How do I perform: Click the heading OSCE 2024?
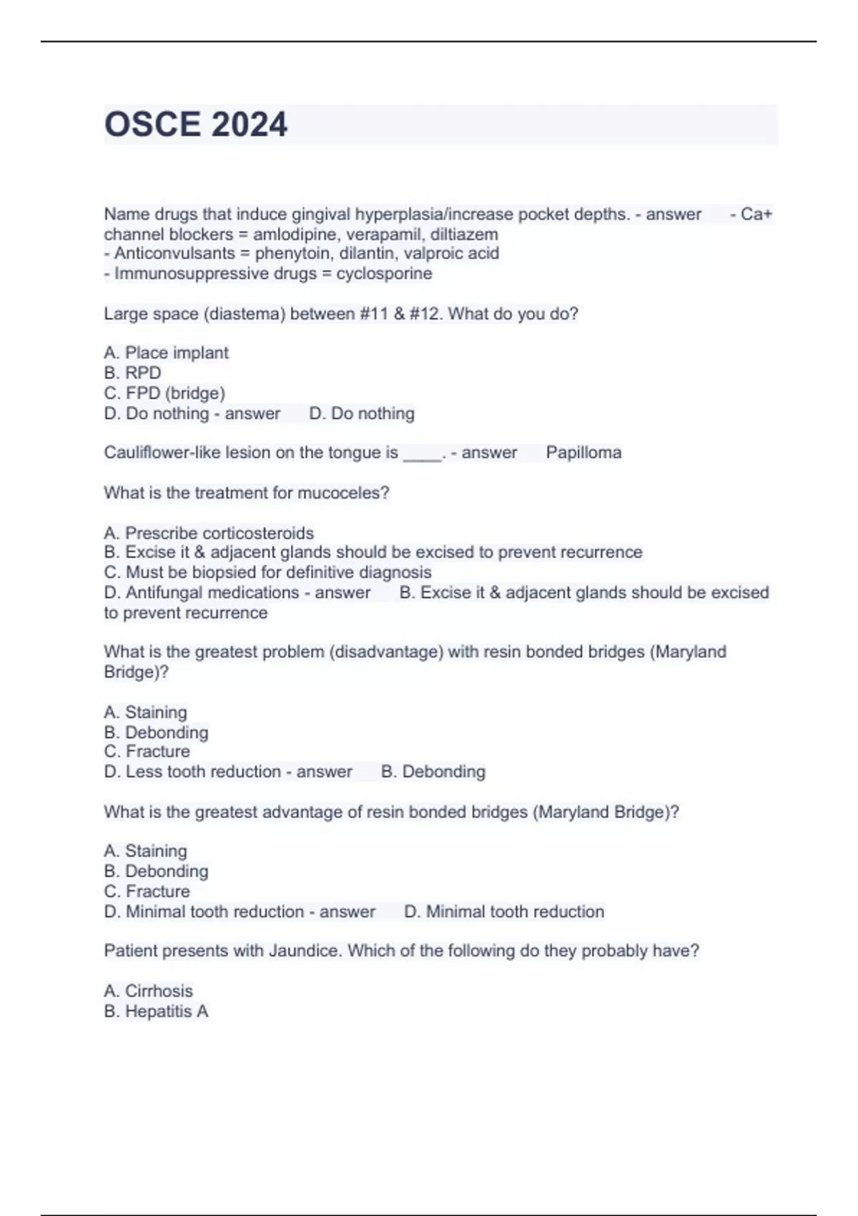click(196, 124)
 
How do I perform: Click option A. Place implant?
click(166, 353)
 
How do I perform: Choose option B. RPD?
click(132, 373)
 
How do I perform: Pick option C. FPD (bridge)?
click(164, 393)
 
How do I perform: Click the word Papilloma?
click(583, 453)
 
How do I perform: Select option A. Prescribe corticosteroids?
click(209, 533)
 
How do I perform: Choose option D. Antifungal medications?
click(202, 592)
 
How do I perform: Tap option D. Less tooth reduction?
click(192, 772)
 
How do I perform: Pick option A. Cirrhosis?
click(148, 991)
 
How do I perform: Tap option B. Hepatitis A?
click(156, 1011)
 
